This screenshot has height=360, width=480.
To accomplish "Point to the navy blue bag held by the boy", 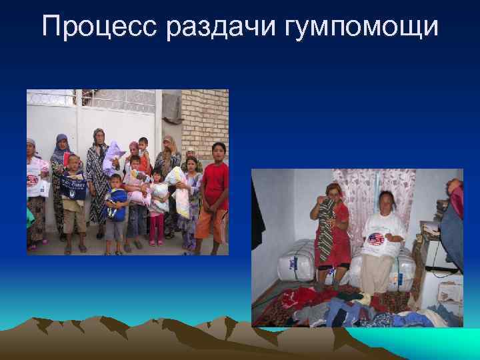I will (73, 185).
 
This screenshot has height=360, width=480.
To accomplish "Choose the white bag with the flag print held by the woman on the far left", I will (33, 183).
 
